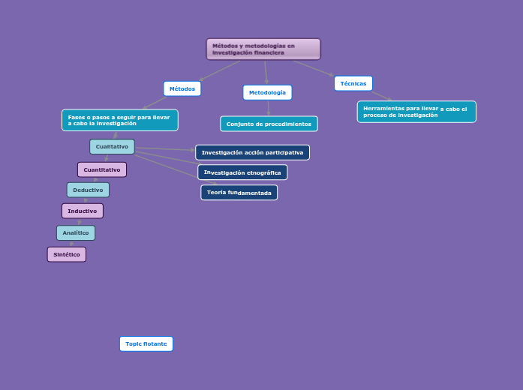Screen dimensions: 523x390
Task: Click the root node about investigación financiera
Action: [x=263, y=49]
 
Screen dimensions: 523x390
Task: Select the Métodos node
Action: [x=182, y=88]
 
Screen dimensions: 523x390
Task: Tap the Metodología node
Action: [x=267, y=92]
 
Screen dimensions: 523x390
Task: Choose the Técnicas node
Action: [x=353, y=83]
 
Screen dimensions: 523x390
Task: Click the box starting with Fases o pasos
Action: [x=120, y=120]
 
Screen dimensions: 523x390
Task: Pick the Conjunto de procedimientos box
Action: [x=269, y=124]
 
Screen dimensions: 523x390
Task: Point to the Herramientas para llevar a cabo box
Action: [x=416, y=112]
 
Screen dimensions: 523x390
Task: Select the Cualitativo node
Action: [x=112, y=146]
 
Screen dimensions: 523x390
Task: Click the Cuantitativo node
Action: [x=102, y=169]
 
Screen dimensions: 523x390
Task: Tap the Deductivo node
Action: [x=88, y=190]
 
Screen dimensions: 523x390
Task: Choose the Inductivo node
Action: [x=83, y=211]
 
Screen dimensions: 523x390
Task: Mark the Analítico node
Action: [x=76, y=232]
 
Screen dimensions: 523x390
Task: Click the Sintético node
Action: [x=67, y=254]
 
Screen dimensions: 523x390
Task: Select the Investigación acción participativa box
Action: [x=252, y=152]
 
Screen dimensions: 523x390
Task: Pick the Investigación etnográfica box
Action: [x=242, y=172]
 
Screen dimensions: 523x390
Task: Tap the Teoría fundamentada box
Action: [x=239, y=193]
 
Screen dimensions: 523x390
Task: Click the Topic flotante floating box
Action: [x=146, y=343]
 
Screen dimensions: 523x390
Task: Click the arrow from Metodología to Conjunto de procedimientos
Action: [x=269, y=108]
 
